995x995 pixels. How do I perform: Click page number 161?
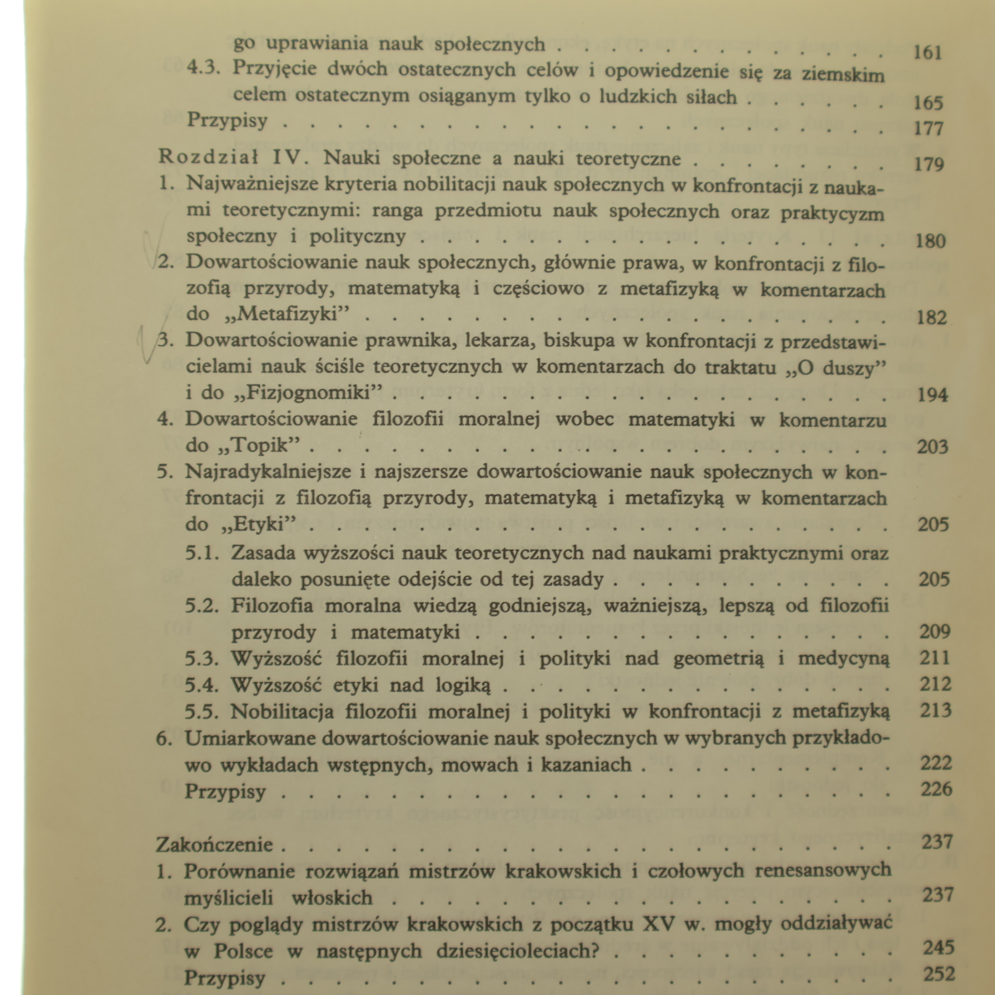click(x=928, y=52)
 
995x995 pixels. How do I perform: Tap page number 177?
click(x=928, y=128)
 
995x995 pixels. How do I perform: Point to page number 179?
click(x=929, y=164)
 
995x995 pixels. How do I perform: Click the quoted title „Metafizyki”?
click(x=284, y=314)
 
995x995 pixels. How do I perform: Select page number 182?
click(x=932, y=318)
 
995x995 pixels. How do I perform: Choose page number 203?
click(x=933, y=447)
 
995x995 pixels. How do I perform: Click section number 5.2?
click(x=202, y=605)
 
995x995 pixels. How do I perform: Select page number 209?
click(x=935, y=632)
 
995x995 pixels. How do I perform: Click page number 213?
click(x=935, y=710)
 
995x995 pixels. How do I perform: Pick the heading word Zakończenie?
click(x=215, y=845)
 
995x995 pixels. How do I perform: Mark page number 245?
click(x=938, y=948)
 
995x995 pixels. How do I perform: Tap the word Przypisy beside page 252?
click(x=224, y=978)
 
